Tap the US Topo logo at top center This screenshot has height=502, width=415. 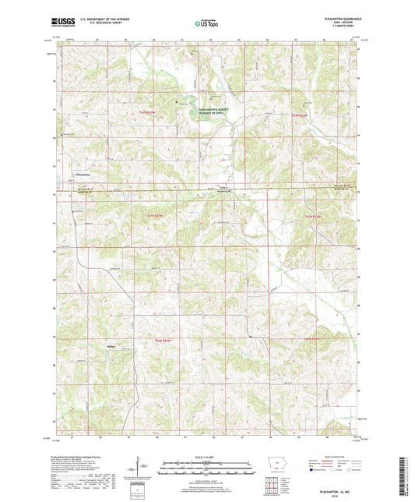click(x=207, y=23)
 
